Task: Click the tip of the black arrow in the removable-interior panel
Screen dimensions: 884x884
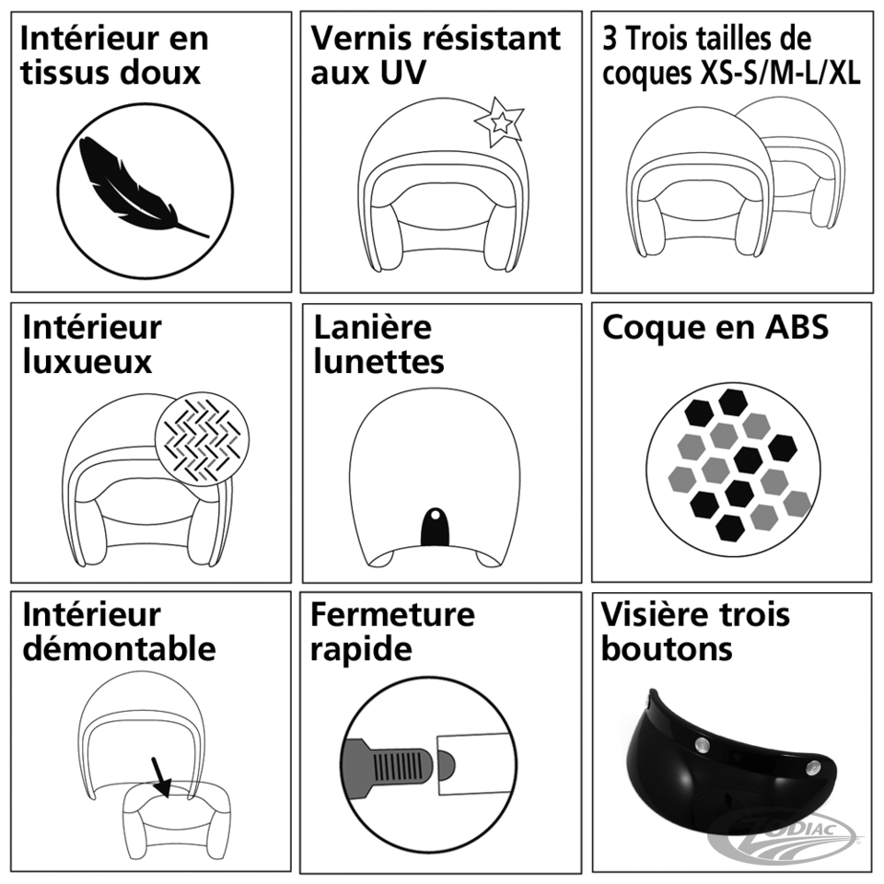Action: (167, 797)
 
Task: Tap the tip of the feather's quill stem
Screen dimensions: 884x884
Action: (209, 237)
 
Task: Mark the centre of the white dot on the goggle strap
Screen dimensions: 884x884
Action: (435, 515)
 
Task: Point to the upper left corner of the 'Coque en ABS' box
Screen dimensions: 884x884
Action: (591, 304)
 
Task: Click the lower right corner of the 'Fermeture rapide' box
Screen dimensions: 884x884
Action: (581, 873)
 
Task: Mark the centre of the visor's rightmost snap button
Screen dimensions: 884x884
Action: (812, 766)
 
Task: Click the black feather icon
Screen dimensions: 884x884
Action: (144, 187)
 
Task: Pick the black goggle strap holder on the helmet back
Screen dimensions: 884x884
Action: (436, 527)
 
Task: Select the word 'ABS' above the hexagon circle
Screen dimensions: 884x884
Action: (796, 327)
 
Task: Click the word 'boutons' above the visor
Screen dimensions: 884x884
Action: (667, 648)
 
